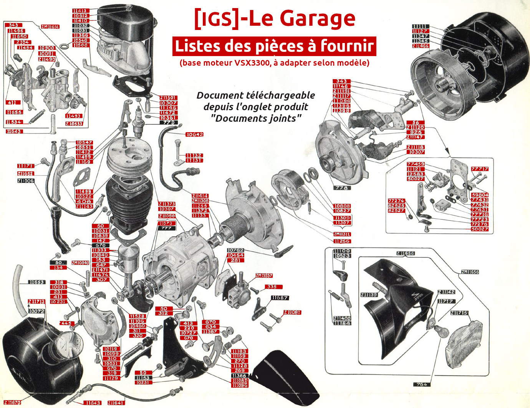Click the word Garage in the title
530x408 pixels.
317,18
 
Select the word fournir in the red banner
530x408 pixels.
347,46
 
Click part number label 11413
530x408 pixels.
80,11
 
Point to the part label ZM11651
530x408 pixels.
50,27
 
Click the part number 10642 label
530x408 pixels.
194,134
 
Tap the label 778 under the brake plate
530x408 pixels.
341,188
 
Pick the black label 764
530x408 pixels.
421,384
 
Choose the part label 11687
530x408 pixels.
280,298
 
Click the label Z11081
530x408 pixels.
292,312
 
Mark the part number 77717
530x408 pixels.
480,169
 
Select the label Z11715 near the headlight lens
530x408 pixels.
459,313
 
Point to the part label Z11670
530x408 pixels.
12,402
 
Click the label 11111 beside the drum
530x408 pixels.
421,26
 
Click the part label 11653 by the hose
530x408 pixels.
37,282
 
